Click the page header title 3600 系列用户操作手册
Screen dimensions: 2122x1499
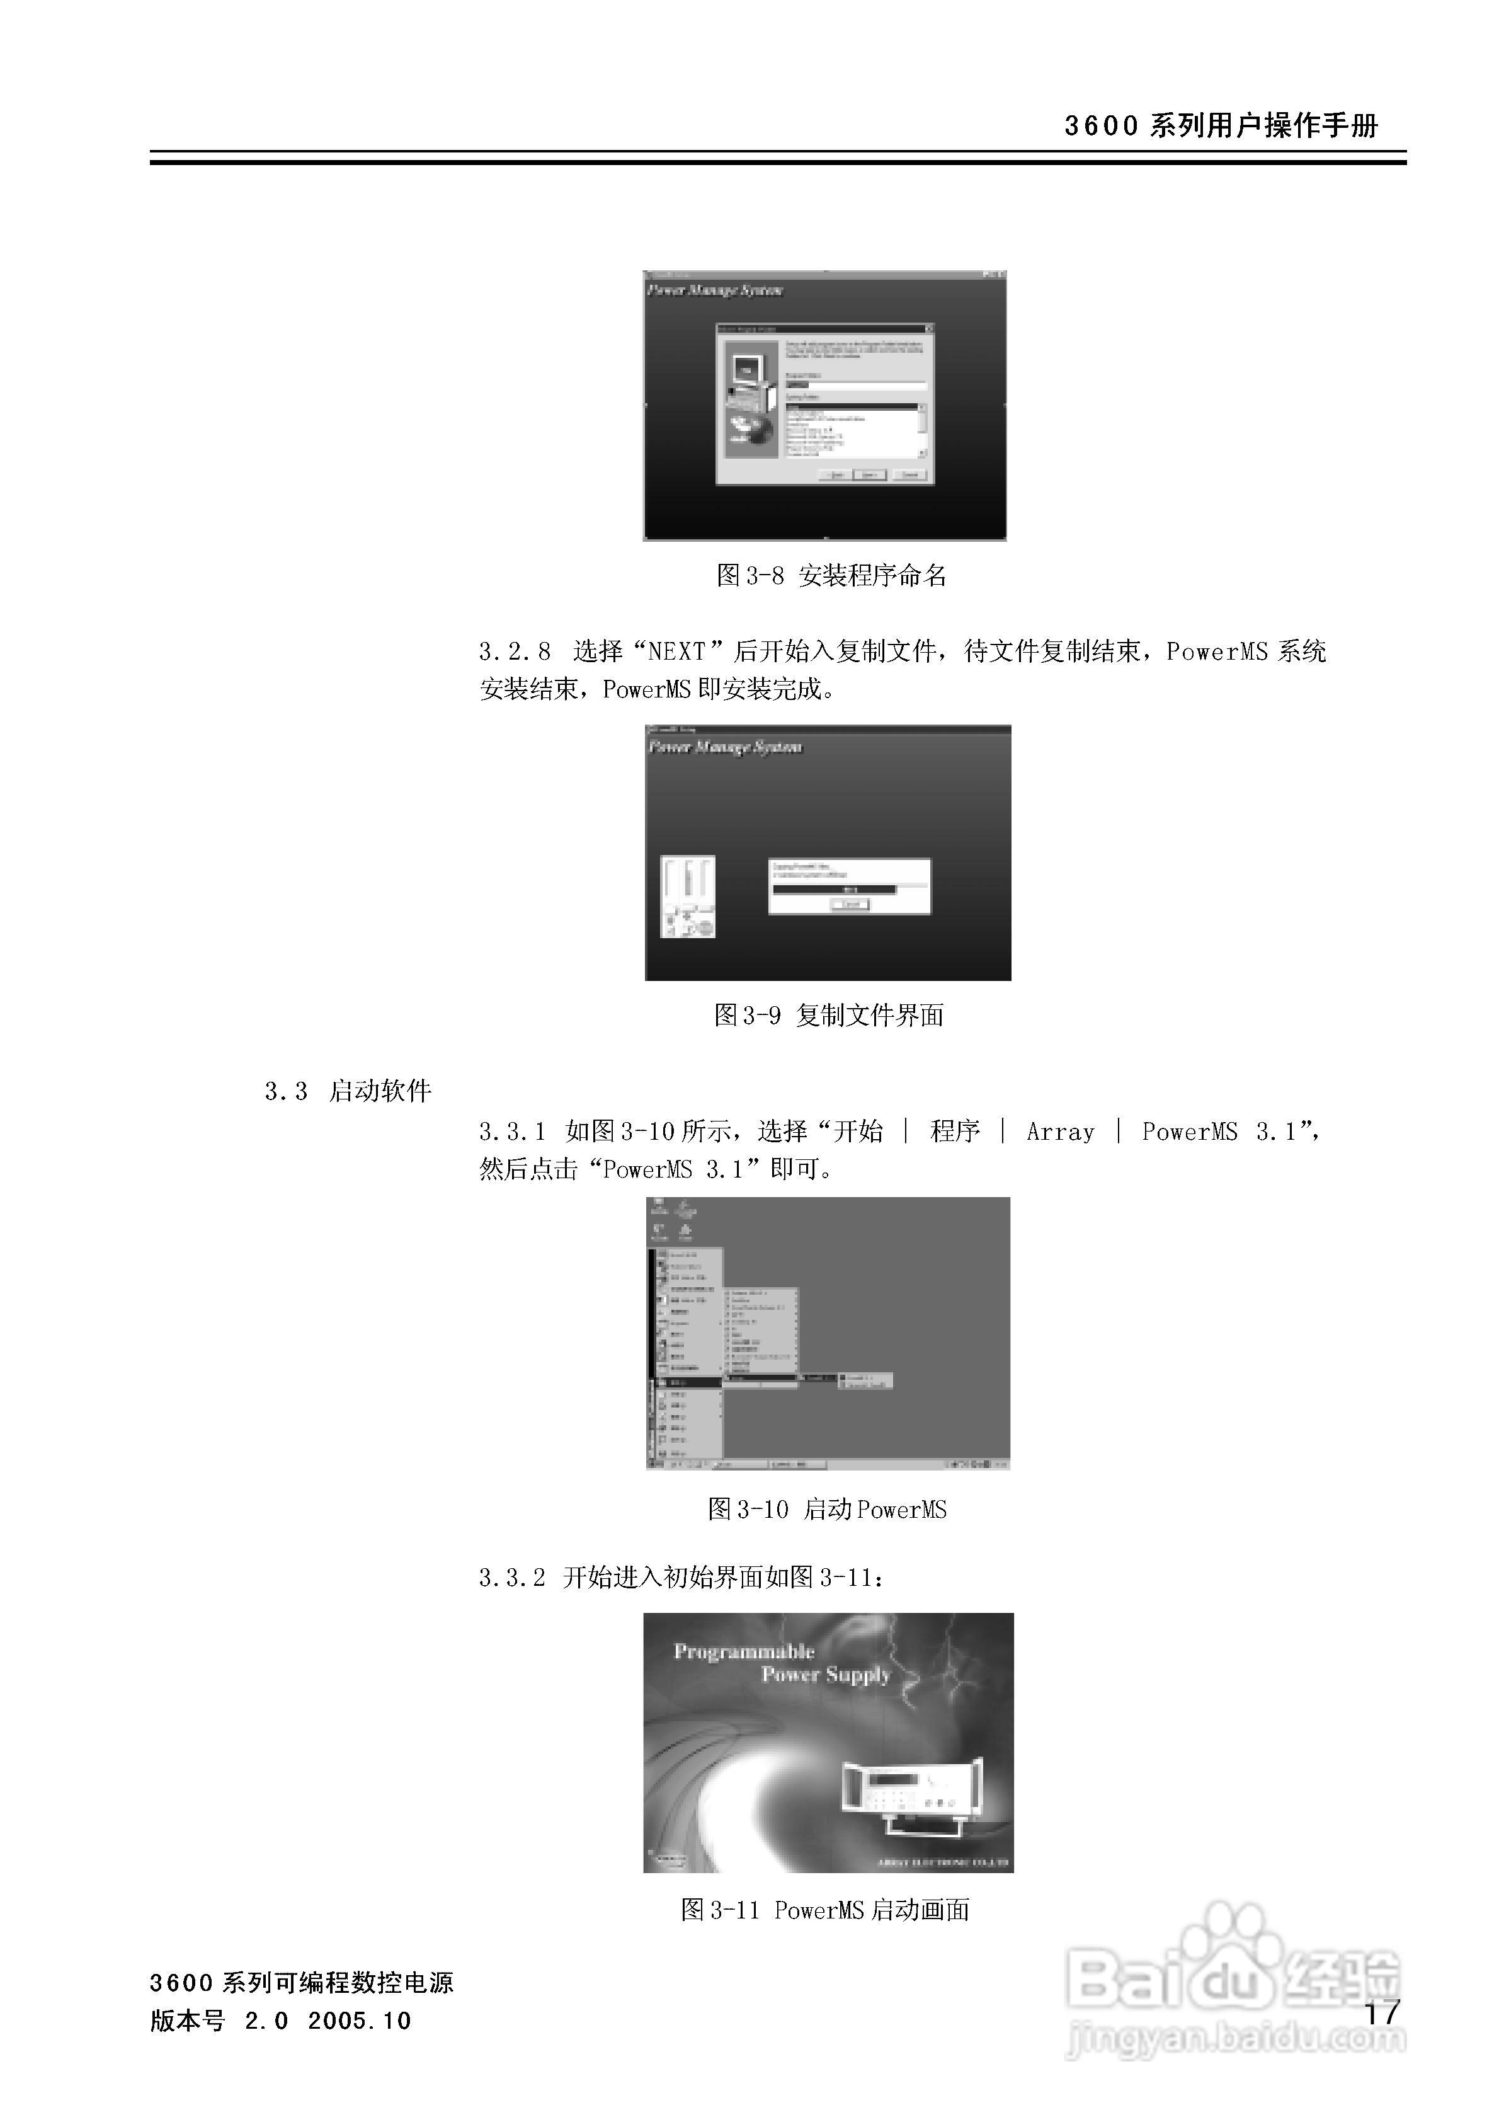coord(1220,125)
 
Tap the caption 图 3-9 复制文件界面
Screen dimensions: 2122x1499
coord(829,1015)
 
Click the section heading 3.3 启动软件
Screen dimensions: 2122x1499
coord(348,1091)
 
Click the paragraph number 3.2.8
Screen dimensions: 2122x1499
coord(514,651)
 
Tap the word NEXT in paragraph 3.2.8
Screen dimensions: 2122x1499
coord(678,651)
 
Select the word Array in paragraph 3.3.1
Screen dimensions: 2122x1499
coord(1060,1131)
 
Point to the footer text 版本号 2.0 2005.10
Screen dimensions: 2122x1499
coord(280,2021)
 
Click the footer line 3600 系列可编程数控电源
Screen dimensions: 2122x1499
coord(301,1982)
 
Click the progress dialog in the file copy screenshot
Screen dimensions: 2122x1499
coord(849,886)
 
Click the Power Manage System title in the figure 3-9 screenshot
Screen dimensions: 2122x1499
coord(726,747)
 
